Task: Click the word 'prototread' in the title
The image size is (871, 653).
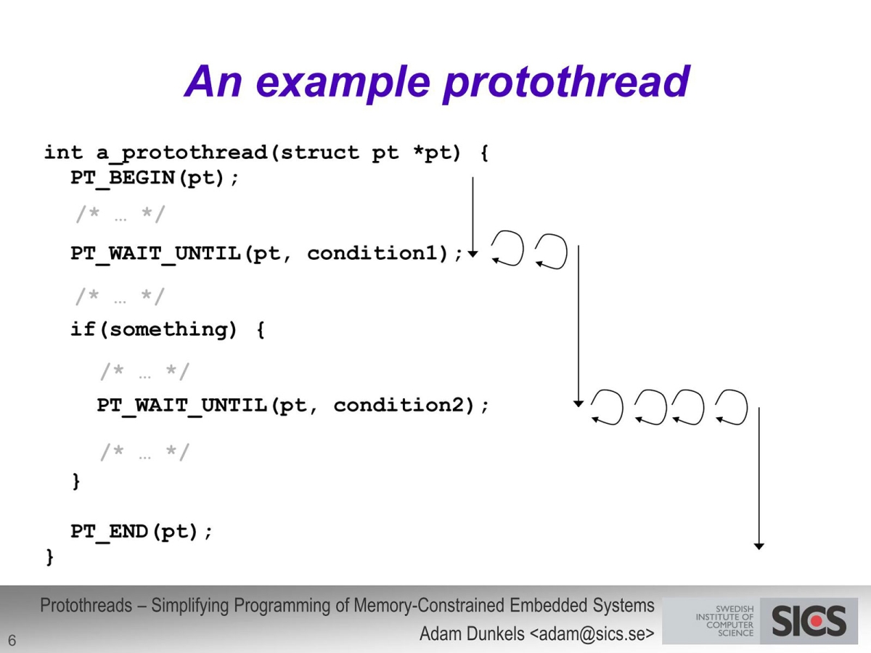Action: point(565,81)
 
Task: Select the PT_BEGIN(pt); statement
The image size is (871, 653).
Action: point(155,178)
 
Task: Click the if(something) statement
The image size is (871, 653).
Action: point(167,329)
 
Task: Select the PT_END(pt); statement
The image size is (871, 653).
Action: point(142,532)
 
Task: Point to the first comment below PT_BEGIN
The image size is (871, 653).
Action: point(120,215)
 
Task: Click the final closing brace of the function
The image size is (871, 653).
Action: point(49,557)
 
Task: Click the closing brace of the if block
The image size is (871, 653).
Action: point(76,481)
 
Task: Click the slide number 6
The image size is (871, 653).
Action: point(12,640)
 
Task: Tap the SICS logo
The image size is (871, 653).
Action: point(809,621)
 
